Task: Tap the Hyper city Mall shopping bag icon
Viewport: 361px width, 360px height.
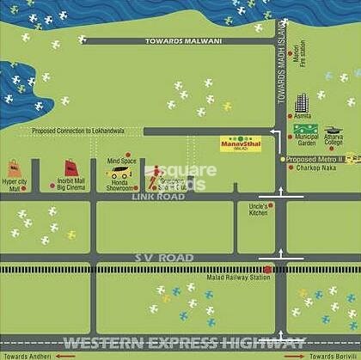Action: pos(14,168)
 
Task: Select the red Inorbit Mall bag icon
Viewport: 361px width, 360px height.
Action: pos(70,168)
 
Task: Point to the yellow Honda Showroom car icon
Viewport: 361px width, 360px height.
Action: pos(119,173)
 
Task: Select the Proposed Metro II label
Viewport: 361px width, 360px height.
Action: pos(315,159)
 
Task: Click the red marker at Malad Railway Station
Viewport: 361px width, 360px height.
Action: pos(267,268)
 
